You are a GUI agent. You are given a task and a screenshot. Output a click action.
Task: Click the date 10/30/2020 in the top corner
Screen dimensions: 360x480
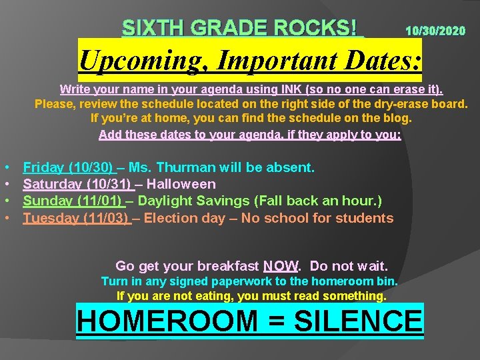tap(435, 31)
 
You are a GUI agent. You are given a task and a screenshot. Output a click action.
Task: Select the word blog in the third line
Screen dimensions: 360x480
tap(397, 119)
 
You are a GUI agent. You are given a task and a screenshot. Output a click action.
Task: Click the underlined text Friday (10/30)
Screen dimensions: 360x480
tap(67, 167)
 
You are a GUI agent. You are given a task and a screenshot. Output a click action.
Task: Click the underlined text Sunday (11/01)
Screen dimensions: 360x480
tap(71, 201)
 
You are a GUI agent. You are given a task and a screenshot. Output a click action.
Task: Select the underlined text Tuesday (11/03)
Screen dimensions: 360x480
tap(75, 218)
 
